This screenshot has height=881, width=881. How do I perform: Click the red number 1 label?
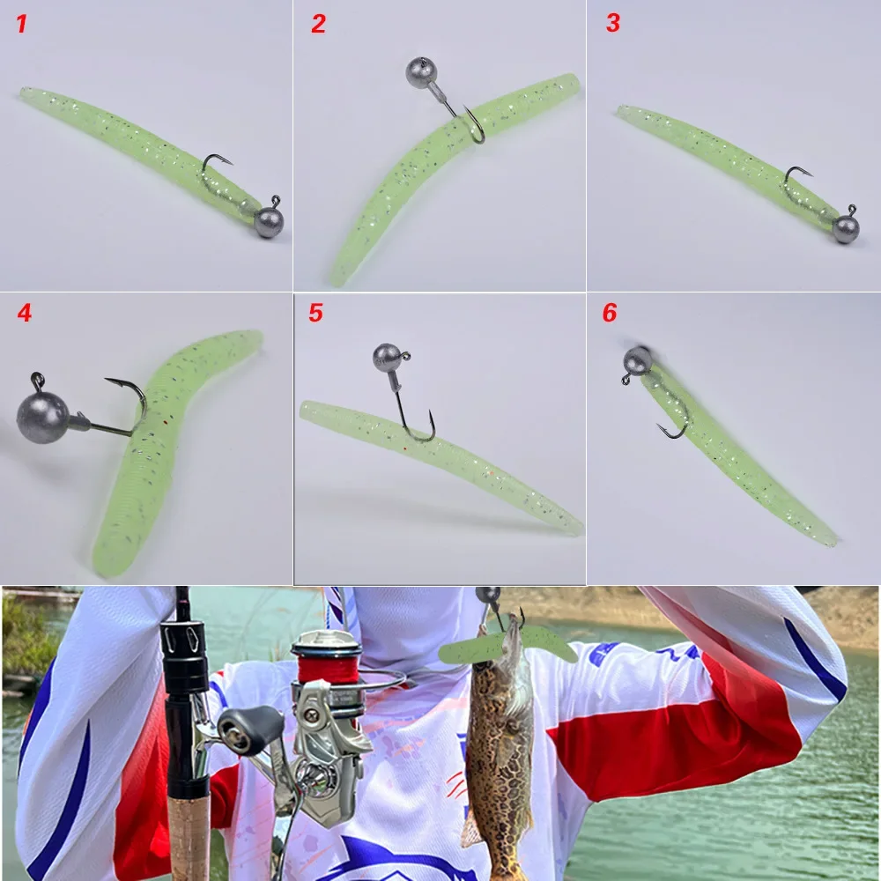pyautogui.click(x=21, y=24)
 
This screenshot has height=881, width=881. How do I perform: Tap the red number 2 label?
pyautogui.click(x=318, y=24)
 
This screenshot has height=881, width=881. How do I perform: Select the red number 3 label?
pyautogui.click(x=612, y=23)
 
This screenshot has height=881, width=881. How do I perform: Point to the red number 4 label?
pyautogui.click(x=24, y=313)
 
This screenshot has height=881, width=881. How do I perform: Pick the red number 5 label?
pyautogui.click(x=315, y=313)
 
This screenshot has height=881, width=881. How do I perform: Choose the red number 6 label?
pyautogui.click(x=610, y=313)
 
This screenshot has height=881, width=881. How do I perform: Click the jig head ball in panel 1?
pyautogui.click(x=269, y=222)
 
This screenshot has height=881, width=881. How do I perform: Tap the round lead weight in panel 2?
pyautogui.click(x=420, y=72)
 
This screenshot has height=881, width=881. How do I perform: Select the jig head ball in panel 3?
pyautogui.click(x=846, y=228)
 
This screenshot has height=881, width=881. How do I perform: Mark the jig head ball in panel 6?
pyautogui.click(x=638, y=360)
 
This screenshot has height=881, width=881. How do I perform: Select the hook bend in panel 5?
pyautogui.click(x=420, y=435)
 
